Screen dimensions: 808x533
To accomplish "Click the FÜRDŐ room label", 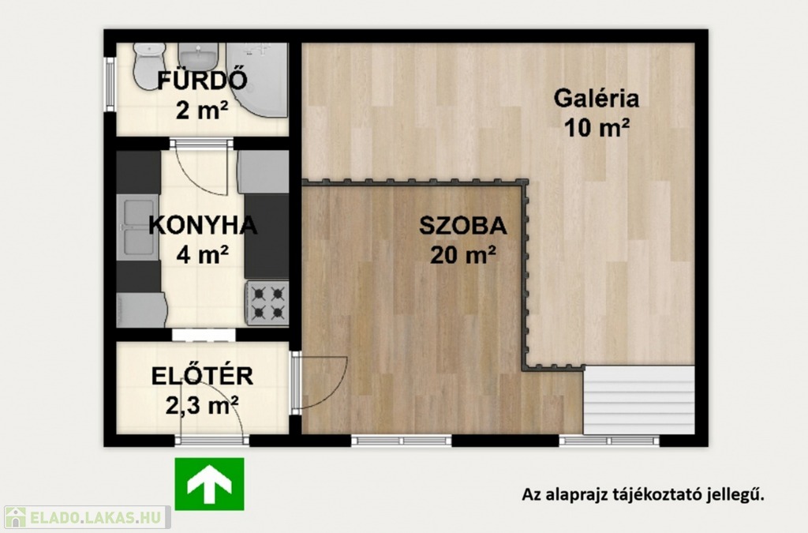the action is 202,81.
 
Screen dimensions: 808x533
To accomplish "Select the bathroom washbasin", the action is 198,56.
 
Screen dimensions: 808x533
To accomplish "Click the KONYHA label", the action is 203,225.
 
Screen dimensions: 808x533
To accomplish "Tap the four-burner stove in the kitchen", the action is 267,303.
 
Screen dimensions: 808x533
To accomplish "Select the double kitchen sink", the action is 137,227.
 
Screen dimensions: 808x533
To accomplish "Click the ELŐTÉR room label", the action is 202,377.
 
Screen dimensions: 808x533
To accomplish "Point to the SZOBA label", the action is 462,226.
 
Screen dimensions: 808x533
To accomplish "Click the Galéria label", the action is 597,98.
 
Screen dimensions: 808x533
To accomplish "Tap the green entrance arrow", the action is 209,484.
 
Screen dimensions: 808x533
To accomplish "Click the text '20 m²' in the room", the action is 462,254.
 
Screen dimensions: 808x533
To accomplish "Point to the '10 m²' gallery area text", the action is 597,128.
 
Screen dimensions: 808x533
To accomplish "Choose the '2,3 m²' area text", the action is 202,405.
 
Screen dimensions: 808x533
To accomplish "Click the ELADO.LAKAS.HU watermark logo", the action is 85,517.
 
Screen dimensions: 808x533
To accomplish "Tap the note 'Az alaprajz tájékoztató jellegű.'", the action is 643,494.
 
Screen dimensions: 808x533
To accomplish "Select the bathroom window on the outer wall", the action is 109,84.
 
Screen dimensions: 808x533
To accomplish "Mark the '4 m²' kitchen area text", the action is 203,254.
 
